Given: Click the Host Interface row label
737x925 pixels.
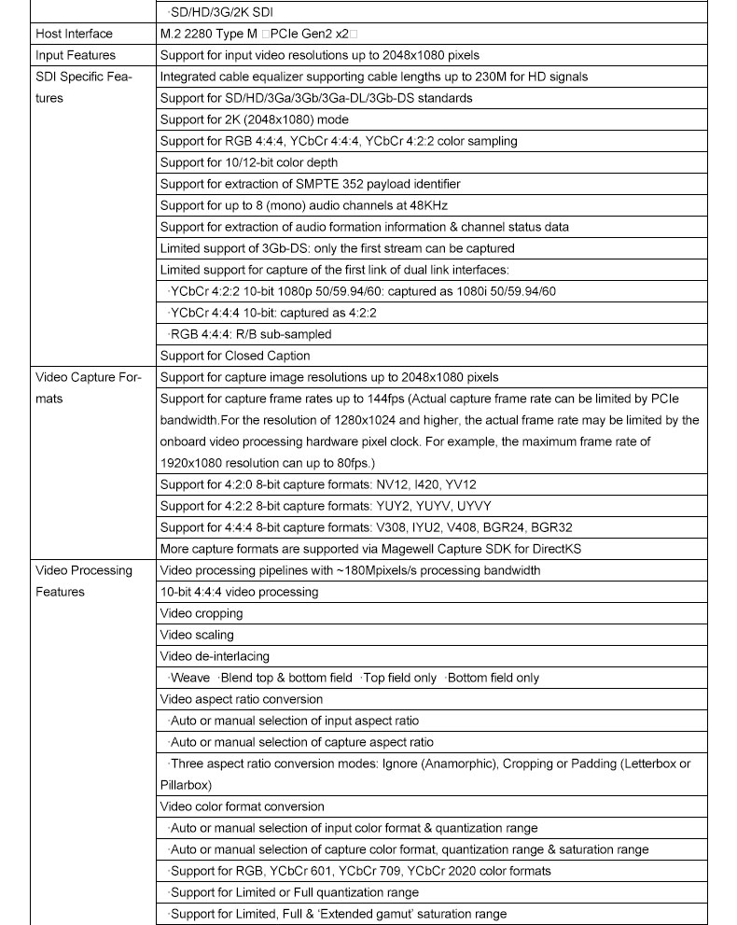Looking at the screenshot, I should click(74, 34).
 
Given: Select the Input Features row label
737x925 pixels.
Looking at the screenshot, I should click(76, 55).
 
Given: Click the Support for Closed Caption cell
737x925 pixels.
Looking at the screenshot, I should click(235, 356).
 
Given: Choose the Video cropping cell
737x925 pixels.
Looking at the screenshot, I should click(202, 613).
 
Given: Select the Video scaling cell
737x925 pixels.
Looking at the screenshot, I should click(197, 635).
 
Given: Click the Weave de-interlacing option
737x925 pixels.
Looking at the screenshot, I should click(190, 678).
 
